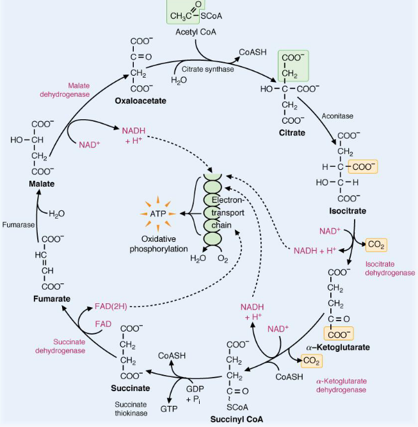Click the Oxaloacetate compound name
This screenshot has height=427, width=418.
141,101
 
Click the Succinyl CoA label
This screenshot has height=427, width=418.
237,419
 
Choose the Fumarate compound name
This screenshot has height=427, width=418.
51,299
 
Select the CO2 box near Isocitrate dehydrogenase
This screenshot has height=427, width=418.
375,244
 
